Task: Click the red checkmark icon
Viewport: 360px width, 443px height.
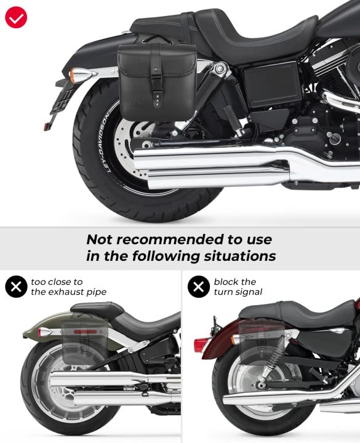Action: click(x=16, y=16)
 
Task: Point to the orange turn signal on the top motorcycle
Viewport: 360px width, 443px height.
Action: click(x=77, y=76)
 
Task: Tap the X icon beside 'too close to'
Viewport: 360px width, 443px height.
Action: click(x=16, y=287)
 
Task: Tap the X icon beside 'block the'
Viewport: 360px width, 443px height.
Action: click(x=199, y=287)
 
